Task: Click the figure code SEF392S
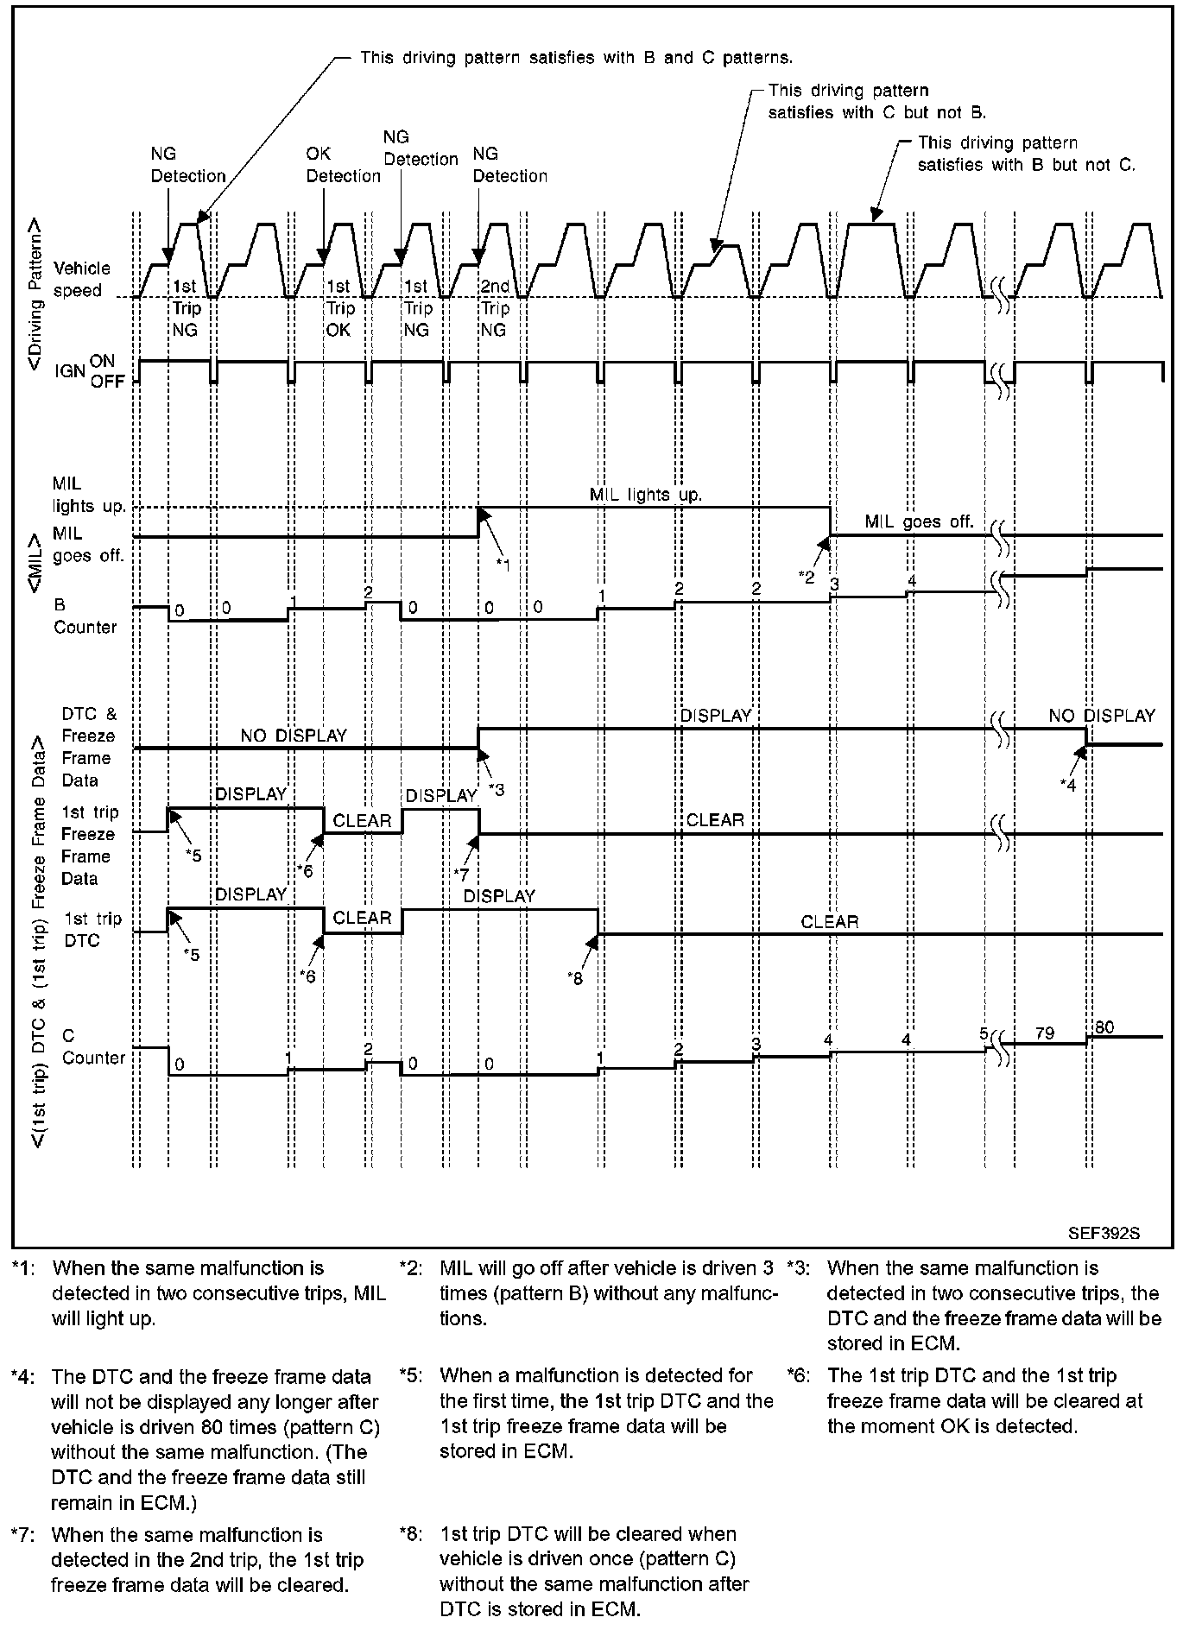1110,1233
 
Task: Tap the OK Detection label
343,165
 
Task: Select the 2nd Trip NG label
495,308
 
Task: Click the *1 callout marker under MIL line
503,564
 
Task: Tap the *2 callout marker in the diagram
807,577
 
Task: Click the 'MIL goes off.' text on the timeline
919,521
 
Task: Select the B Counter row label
84,616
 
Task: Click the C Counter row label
92,1046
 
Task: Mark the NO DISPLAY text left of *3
294,736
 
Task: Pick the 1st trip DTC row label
92,930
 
